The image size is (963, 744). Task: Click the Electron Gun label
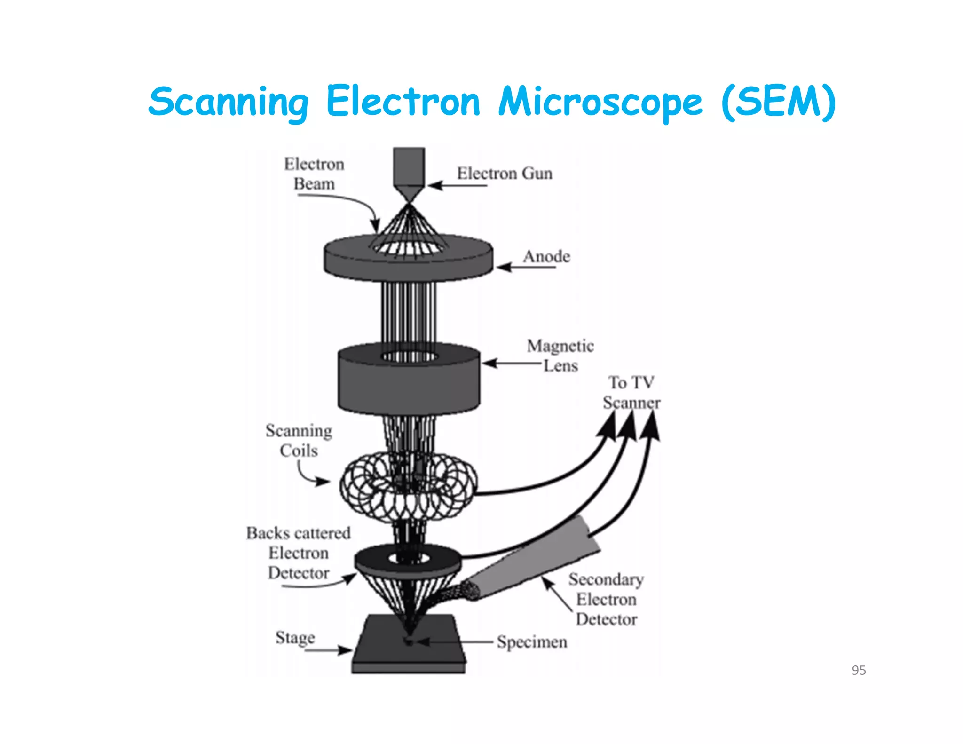click(505, 174)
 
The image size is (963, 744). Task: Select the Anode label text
click(546, 257)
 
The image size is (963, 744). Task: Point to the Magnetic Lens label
click(560, 356)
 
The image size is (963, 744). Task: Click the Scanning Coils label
click(299, 441)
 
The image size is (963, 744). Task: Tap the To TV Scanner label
click(631, 392)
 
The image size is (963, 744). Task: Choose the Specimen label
click(532, 642)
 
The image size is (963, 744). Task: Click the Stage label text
click(295, 638)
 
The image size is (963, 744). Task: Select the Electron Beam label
click(314, 174)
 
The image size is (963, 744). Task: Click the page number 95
click(859, 670)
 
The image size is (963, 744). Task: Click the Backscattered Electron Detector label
click(299, 553)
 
